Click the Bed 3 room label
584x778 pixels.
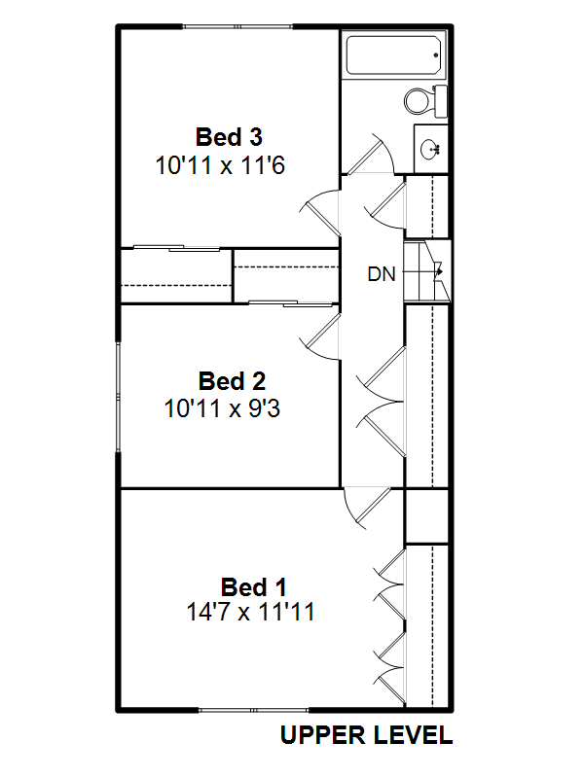click(229, 137)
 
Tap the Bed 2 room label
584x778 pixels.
click(232, 381)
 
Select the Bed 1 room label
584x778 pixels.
click(254, 587)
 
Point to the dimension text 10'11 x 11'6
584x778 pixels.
click(220, 165)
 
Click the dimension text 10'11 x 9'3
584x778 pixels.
click(222, 408)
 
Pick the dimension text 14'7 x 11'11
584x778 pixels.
click(250, 612)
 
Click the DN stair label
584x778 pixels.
click(382, 274)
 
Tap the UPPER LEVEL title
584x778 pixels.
click(367, 735)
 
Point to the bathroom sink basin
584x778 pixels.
click(430, 149)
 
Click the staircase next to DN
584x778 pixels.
click(427, 271)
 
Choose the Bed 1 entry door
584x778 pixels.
click(368, 509)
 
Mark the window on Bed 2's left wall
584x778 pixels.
click(118, 396)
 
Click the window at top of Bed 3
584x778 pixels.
click(237, 26)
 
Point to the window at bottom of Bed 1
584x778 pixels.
click(253, 711)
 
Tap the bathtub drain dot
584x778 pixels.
click(436, 55)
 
